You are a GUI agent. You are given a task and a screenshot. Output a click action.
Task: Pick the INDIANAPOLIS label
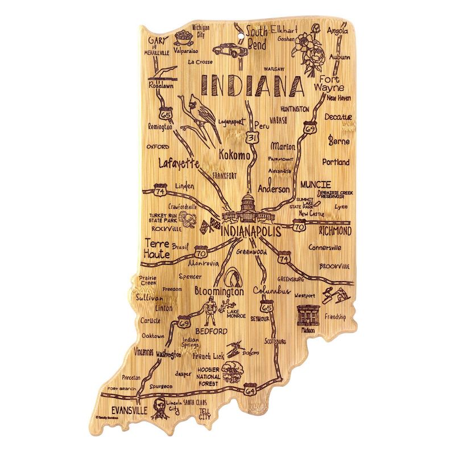250,232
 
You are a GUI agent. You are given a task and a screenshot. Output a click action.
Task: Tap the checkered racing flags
209,226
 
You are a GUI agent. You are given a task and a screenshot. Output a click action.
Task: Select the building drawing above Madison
309,315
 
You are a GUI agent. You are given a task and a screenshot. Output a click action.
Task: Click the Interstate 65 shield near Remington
166,114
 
